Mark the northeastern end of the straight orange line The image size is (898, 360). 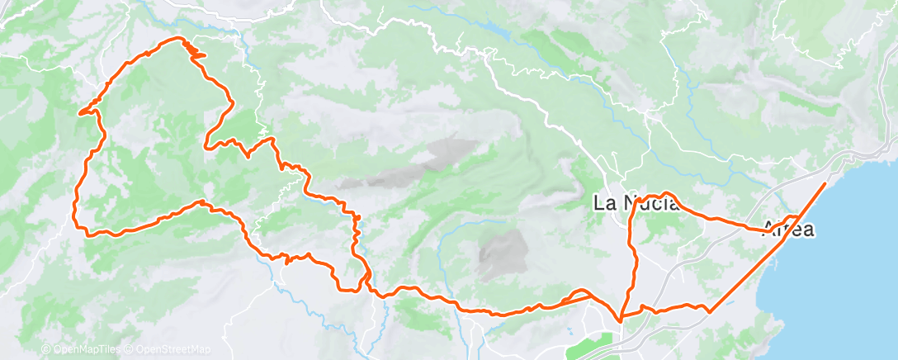tap(825, 182)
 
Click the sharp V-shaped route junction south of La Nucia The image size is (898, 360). tap(621, 315)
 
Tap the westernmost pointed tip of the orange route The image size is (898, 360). tap(79, 113)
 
